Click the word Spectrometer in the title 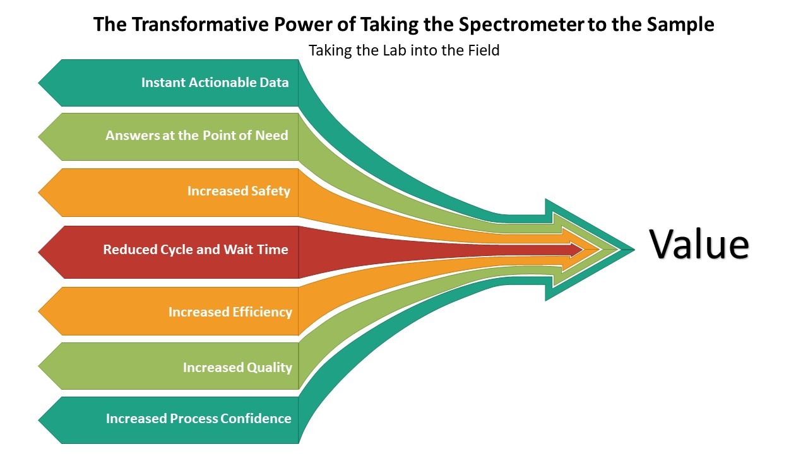[521, 25]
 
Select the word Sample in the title [680, 25]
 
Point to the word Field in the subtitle [484, 50]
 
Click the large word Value [699, 244]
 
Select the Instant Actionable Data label [215, 83]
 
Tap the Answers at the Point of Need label [197, 136]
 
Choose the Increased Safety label [239, 191]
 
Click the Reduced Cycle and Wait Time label [196, 249]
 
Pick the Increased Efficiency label [230, 312]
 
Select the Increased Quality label [237, 368]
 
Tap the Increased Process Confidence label [198, 418]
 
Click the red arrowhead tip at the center [583, 249]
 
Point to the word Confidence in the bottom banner [256, 418]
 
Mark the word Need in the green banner [271, 136]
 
